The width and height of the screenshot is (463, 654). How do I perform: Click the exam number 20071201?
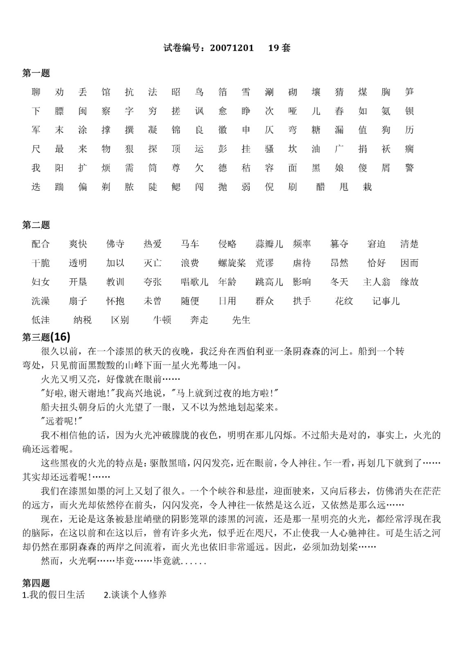pos(232,48)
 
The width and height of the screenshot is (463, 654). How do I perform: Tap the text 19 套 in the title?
pos(279,48)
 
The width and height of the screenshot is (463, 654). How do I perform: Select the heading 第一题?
pos(36,73)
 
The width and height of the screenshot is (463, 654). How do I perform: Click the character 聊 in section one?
pos(36,92)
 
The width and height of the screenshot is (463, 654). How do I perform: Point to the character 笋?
pos(409,92)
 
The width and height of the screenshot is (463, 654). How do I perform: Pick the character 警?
pos(409,168)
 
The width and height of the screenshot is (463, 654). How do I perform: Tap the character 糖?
pos(316,130)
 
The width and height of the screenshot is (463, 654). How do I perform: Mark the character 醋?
pos(321,187)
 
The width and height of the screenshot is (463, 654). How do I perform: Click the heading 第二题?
pos(36,225)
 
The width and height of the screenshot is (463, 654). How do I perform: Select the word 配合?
pos(41,244)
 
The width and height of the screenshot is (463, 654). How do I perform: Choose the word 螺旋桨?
pos(232,263)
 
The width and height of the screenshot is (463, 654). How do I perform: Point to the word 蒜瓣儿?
pos(269,244)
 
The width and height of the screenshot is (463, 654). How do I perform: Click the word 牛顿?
pos(162,320)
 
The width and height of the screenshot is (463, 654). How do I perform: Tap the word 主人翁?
pos(376,282)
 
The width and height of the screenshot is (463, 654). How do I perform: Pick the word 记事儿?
pos(386,301)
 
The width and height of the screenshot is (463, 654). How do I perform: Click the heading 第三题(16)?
pos(46,337)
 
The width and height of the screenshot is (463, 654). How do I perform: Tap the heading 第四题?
pos(36,583)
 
